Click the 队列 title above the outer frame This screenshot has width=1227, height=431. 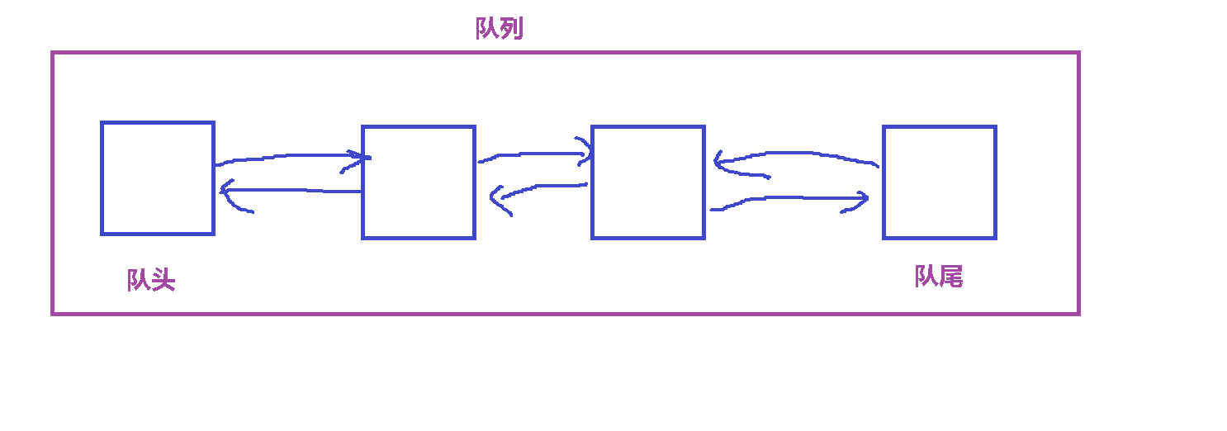[x=499, y=29]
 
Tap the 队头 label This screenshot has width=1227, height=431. [x=151, y=280]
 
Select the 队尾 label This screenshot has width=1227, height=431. [x=938, y=277]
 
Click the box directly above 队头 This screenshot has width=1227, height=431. [x=158, y=178]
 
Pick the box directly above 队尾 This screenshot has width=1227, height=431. [x=940, y=182]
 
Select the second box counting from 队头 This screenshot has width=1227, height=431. [x=419, y=182]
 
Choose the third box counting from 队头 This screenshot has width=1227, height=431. [x=648, y=182]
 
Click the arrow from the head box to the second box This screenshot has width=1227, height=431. [x=289, y=157]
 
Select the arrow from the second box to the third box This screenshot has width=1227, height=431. [x=533, y=154]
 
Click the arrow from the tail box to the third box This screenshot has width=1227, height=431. [x=797, y=154]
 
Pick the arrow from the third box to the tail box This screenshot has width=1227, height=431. [x=789, y=199]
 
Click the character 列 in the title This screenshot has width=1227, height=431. [x=511, y=29]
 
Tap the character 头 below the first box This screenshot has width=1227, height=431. [x=163, y=280]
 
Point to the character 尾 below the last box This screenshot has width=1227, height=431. [x=950, y=277]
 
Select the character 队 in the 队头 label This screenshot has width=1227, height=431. [x=139, y=280]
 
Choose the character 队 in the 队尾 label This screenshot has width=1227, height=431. [x=926, y=277]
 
